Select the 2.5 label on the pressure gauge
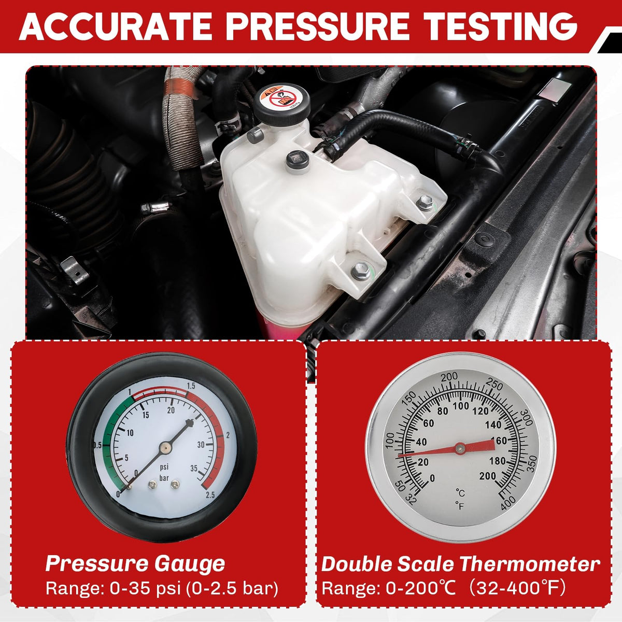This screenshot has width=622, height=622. coord(210,495)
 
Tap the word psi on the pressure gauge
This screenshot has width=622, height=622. coord(164,466)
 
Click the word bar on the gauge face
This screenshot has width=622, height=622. coord(164,478)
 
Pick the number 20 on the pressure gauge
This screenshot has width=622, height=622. coord(171,410)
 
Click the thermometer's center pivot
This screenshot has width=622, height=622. coord(460,448)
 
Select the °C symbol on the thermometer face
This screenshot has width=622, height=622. coord(460,493)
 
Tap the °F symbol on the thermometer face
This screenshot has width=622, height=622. coord(460,506)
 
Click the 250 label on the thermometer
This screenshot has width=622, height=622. coord(494,385)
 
